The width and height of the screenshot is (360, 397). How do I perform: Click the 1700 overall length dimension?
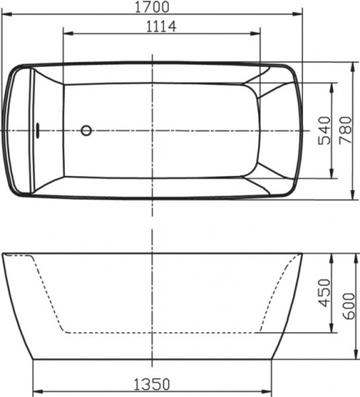[153, 7]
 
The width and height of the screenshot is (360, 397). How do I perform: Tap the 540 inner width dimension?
[323, 130]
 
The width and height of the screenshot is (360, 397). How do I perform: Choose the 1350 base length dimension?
[153, 384]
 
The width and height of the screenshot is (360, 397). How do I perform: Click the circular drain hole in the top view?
[86, 130]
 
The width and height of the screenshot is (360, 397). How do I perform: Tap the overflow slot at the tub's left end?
[38, 130]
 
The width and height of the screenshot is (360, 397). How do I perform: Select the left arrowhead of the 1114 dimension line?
[65, 34]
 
